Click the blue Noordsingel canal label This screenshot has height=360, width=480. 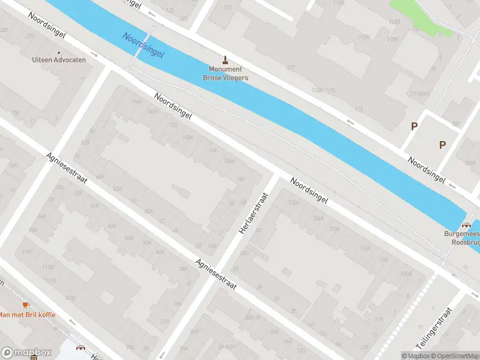pos(143,45)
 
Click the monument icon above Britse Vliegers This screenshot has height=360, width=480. pos(226,59)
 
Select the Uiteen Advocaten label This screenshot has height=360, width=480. pos(59,59)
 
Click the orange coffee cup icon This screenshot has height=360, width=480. pos(25,305)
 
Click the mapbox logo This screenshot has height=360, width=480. pos(26,353)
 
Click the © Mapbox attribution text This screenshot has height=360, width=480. pos(416,356)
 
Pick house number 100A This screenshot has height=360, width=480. pos(406,274)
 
